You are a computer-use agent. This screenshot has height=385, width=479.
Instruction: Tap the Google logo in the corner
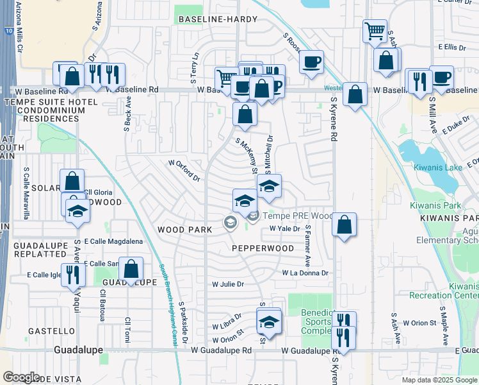click(x=22, y=377)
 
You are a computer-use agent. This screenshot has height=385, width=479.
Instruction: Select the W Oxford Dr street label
click(x=184, y=170)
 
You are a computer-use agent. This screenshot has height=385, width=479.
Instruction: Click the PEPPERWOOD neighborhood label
click(x=263, y=248)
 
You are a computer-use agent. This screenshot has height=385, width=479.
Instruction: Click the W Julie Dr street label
click(x=228, y=284)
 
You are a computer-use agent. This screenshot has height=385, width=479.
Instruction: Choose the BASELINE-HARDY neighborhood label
click(x=218, y=19)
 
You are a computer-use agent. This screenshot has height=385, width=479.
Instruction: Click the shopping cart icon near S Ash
click(x=375, y=30)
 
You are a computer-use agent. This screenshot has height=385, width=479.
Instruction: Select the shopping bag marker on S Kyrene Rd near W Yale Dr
click(x=345, y=225)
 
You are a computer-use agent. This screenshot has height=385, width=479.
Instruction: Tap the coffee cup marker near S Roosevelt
click(x=311, y=62)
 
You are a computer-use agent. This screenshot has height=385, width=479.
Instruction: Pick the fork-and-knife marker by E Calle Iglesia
click(x=73, y=275)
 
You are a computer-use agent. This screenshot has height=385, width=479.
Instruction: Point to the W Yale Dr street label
click(x=284, y=228)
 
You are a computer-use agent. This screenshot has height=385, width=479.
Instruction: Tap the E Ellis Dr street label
click(x=452, y=47)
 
